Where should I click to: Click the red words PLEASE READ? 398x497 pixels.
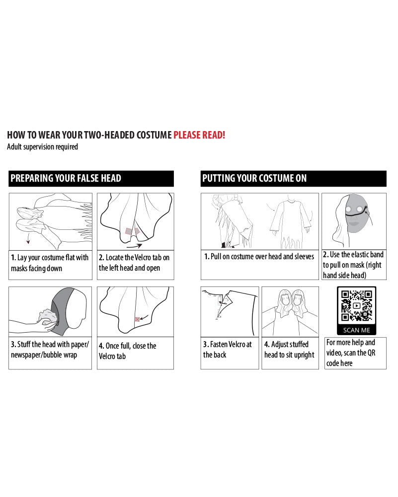pyautogui.click(x=199, y=135)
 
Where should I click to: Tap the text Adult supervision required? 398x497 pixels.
pyautogui.click(x=43, y=147)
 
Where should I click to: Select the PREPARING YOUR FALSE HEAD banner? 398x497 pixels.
pyautogui.click(x=91, y=178)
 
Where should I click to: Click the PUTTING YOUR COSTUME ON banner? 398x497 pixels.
pyautogui.click(x=293, y=178)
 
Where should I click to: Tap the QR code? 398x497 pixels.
pyautogui.click(x=356, y=305)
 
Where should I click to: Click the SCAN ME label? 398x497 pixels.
pyautogui.click(x=356, y=330)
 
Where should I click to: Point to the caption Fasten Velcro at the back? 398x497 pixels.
pyautogui.click(x=228, y=350)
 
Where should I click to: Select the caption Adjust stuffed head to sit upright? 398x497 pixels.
pyautogui.click(x=289, y=350)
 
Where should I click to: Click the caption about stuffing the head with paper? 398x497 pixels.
pyautogui.click(x=50, y=350)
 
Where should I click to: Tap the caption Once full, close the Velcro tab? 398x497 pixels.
pyautogui.click(x=128, y=351)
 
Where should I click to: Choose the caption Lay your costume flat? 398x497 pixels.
pyautogui.click(x=50, y=263)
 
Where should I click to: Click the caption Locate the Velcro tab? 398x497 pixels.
pyautogui.click(x=134, y=263)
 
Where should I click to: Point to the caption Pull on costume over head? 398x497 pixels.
pyautogui.click(x=259, y=256)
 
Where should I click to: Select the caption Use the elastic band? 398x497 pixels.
pyautogui.click(x=353, y=265)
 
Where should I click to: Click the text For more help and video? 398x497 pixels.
pyautogui.click(x=351, y=353)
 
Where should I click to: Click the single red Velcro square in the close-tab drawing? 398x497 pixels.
pyautogui.click(x=137, y=320)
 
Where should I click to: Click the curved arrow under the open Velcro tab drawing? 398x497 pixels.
pyautogui.click(x=134, y=246)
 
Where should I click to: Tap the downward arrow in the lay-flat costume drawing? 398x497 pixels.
pyautogui.click(x=28, y=238)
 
